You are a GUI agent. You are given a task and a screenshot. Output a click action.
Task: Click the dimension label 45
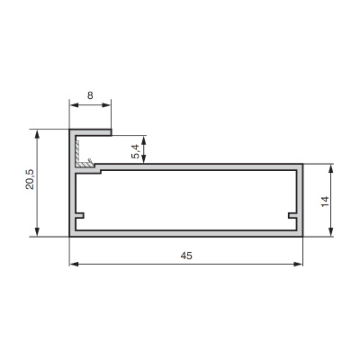[x=186, y=256]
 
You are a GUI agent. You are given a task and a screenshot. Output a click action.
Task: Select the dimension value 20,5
[x=31, y=179]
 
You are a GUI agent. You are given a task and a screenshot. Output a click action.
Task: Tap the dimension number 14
[x=325, y=202]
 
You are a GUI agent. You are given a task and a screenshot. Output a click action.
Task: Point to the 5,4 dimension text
[x=135, y=151]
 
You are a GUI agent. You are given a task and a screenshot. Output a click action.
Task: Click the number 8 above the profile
[x=90, y=95]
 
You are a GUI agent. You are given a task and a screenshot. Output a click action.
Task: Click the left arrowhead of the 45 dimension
[x=74, y=264]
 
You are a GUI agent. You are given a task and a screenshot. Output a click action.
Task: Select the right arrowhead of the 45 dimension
[x=298, y=264]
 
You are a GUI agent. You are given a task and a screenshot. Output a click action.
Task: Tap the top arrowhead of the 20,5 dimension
[x=37, y=134]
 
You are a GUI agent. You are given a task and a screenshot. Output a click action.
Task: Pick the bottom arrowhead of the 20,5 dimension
[x=37, y=232]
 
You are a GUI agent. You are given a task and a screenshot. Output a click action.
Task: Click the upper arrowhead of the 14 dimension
[x=330, y=168]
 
